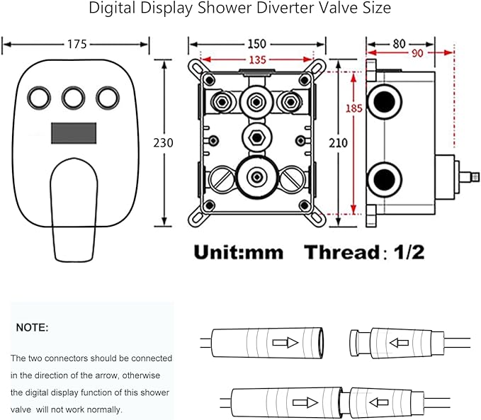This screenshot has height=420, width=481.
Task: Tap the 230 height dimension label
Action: [164, 142]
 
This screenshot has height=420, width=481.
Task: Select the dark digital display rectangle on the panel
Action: [74, 132]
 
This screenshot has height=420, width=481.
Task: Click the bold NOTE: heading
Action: [33, 328]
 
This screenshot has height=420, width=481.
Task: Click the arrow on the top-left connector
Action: [285, 342]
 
